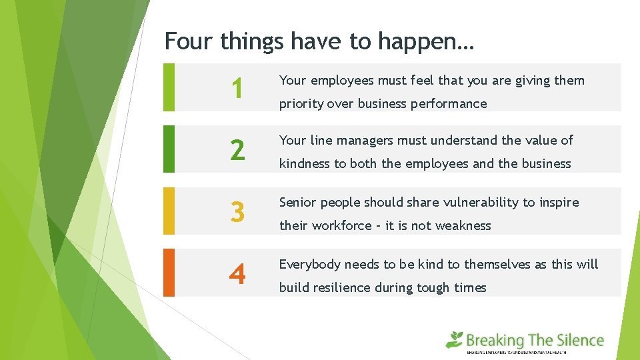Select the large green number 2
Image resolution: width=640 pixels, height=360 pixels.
pyautogui.click(x=237, y=151)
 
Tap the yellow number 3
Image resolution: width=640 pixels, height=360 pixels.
pyautogui.click(x=237, y=213)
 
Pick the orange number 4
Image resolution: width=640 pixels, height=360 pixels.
pyautogui.click(x=237, y=274)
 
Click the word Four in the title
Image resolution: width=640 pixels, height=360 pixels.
pyautogui.click(x=189, y=41)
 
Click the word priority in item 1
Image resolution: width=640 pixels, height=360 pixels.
pyautogui.click(x=299, y=104)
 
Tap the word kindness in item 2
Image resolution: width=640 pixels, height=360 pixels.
pyautogui.click(x=304, y=164)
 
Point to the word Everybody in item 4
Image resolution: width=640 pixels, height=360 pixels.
pyautogui.click(x=309, y=265)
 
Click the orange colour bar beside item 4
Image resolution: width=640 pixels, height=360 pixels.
pyautogui.click(x=169, y=273)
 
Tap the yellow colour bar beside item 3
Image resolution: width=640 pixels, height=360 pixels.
pyautogui.click(x=169, y=211)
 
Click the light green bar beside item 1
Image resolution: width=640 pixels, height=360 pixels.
pyautogui.click(x=169, y=87)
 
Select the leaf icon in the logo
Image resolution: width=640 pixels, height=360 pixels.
pyautogui.click(x=455, y=339)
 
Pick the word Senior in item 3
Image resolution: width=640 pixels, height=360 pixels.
pyautogui.click(x=298, y=203)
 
